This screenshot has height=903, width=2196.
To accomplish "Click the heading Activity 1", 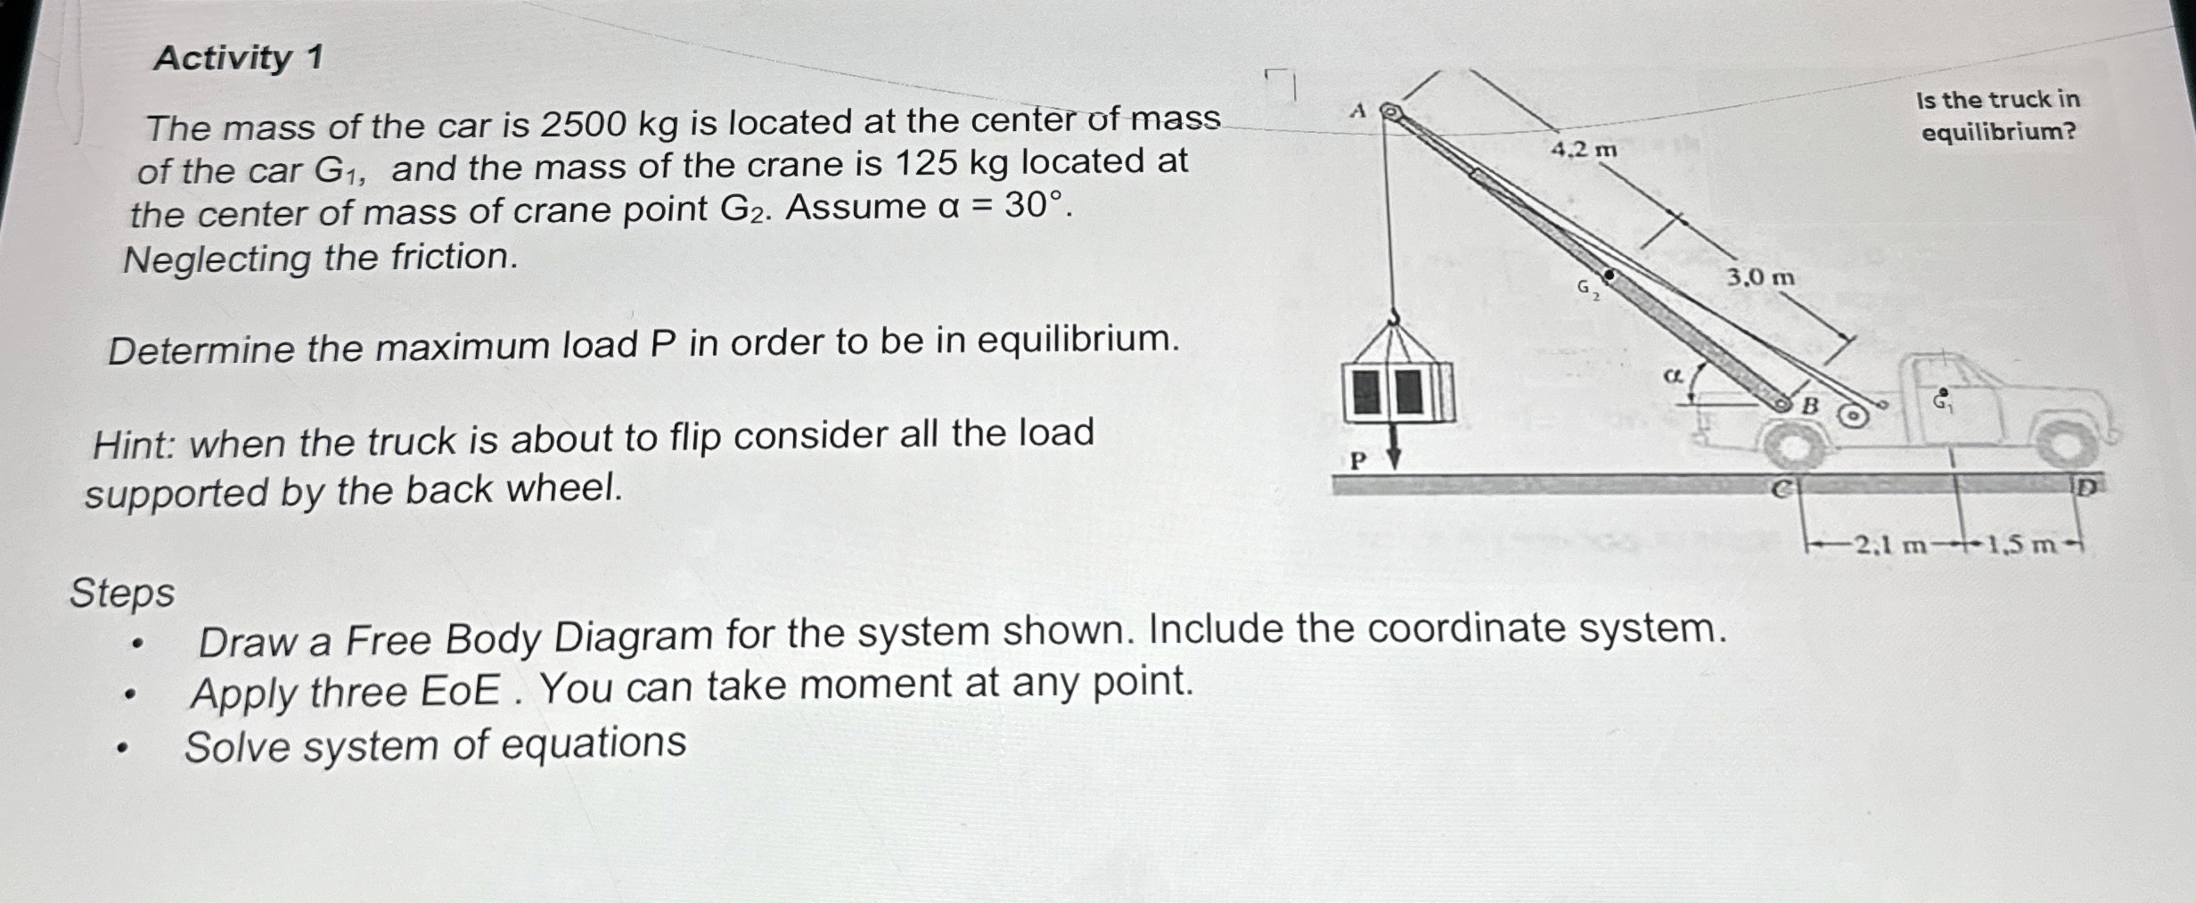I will [x=238, y=58].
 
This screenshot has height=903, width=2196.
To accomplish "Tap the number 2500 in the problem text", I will [x=584, y=124].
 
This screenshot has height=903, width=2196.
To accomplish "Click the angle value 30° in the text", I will [x=1035, y=206].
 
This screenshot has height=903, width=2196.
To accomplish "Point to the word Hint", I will [x=133, y=444].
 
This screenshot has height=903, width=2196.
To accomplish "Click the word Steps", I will [x=122, y=593].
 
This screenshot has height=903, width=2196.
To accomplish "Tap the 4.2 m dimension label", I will [x=1583, y=150].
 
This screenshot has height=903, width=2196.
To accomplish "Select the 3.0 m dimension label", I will [x=1760, y=278].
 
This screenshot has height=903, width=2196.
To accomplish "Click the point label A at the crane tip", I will [x=1357, y=111].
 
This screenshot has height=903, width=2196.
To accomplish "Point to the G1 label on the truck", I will [x=1943, y=402].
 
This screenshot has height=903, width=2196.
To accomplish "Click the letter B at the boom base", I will [x=1810, y=406].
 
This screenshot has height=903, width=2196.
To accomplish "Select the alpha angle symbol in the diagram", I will [x=1673, y=377].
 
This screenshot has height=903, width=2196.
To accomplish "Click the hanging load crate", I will [x=1397, y=390].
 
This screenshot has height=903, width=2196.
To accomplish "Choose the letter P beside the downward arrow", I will [x=1357, y=461].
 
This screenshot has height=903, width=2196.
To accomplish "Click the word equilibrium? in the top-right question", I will [x=1998, y=133].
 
